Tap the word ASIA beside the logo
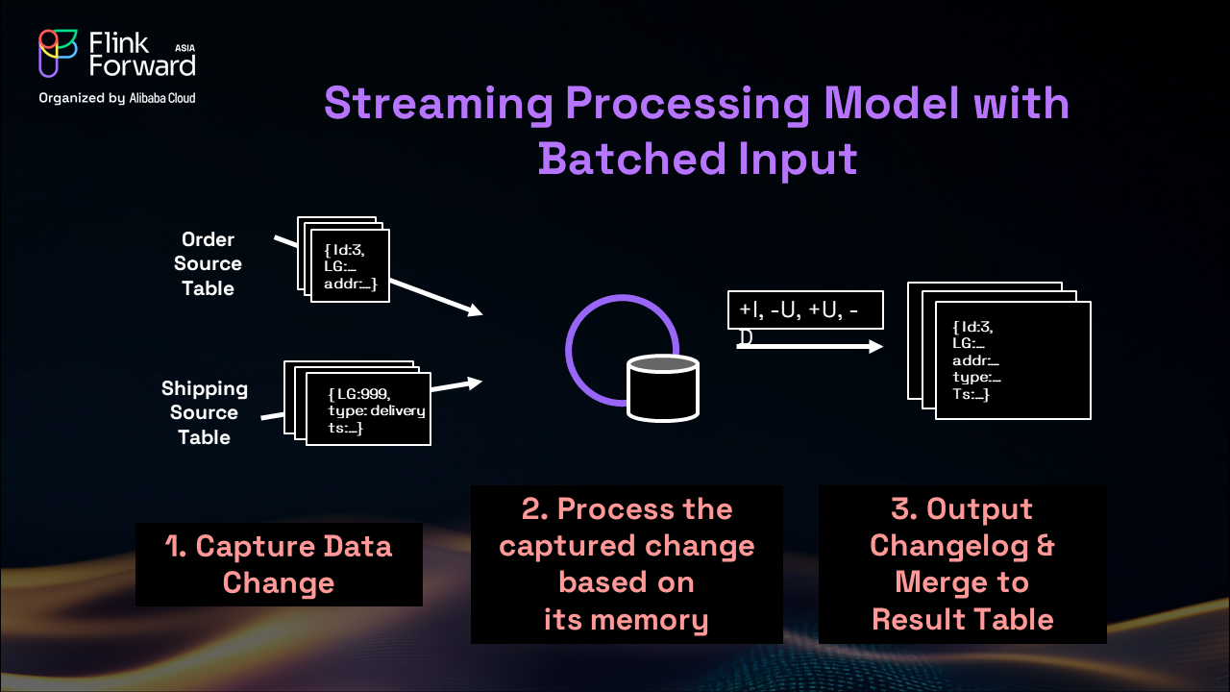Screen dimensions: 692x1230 coord(186,46)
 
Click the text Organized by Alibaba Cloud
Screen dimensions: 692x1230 coord(116,97)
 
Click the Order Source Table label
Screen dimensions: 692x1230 coord(209,263)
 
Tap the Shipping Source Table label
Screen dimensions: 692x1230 coord(204,412)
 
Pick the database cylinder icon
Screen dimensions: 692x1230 coord(664,386)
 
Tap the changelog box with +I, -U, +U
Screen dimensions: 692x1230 coord(804,310)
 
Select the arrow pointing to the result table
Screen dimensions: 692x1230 coord(809,346)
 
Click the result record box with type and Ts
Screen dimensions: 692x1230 coord(1013,360)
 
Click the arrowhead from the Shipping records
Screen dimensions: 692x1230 coord(472,383)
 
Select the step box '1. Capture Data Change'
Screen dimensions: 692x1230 coord(279,564)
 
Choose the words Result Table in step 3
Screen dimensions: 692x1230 coord(962,619)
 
